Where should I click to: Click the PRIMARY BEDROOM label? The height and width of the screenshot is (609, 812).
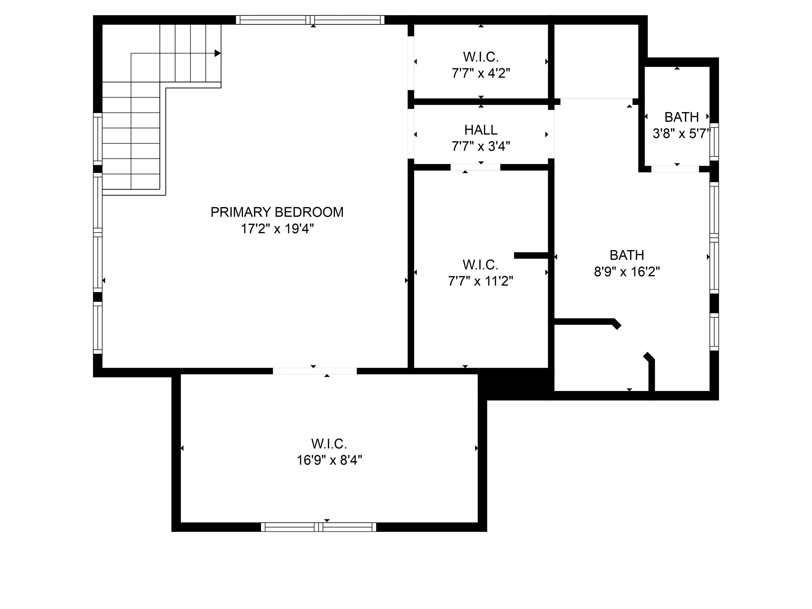pyautogui.click(x=277, y=212)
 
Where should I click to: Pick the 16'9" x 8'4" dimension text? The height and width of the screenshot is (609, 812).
pyautogui.click(x=329, y=460)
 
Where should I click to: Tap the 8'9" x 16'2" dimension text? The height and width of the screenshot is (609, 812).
pyautogui.click(x=627, y=272)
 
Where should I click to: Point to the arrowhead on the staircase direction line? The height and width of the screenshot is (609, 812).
pyautogui.click(x=218, y=53)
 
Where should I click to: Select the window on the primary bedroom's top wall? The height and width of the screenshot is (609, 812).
pyautogui.click(x=310, y=20)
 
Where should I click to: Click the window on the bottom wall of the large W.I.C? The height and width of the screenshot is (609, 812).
pyautogui.click(x=319, y=527)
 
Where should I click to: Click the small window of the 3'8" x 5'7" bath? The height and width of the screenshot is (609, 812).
pyautogui.click(x=714, y=142)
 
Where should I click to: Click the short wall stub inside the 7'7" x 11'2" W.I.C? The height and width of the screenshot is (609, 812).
pyautogui.click(x=531, y=255)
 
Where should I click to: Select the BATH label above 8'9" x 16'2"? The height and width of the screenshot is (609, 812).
pyautogui.click(x=627, y=255)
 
